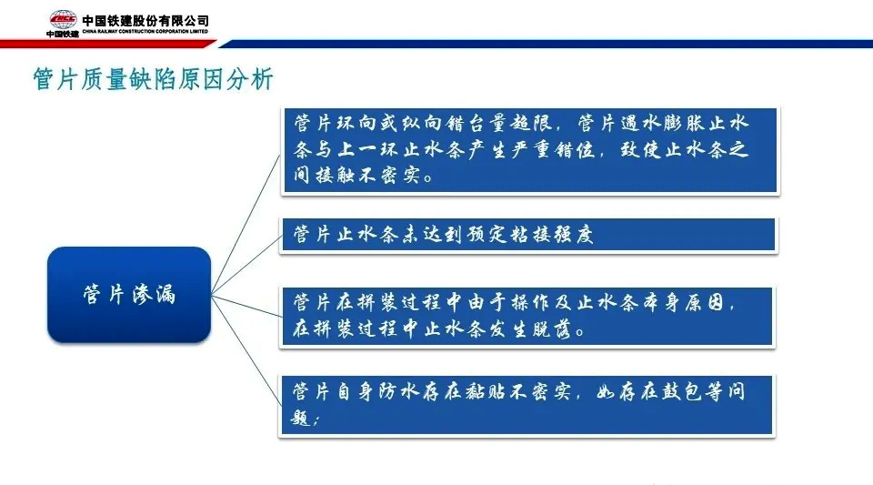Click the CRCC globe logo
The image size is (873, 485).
(x=63, y=20)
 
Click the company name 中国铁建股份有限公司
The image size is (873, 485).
(x=145, y=21)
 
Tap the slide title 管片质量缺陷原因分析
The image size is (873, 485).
(x=153, y=78)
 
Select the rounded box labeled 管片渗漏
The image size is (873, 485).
(x=129, y=295)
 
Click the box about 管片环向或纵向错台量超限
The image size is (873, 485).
(x=529, y=150)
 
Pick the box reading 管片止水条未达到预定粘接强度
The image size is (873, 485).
(x=527, y=235)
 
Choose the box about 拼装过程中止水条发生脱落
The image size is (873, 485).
(x=527, y=317)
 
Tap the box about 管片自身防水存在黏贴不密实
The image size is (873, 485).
(x=527, y=405)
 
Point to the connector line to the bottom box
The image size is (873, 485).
(x=246, y=350)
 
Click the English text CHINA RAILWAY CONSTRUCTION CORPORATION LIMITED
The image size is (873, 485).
(x=145, y=32)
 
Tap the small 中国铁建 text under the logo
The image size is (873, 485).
(x=63, y=34)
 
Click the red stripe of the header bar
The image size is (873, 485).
(x=105, y=44)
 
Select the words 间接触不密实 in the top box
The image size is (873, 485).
(x=356, y=176)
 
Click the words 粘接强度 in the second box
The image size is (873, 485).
(x=551, y=235)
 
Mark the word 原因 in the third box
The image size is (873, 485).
(x=704, y=302)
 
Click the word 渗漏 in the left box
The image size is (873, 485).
(x=154, y=294)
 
